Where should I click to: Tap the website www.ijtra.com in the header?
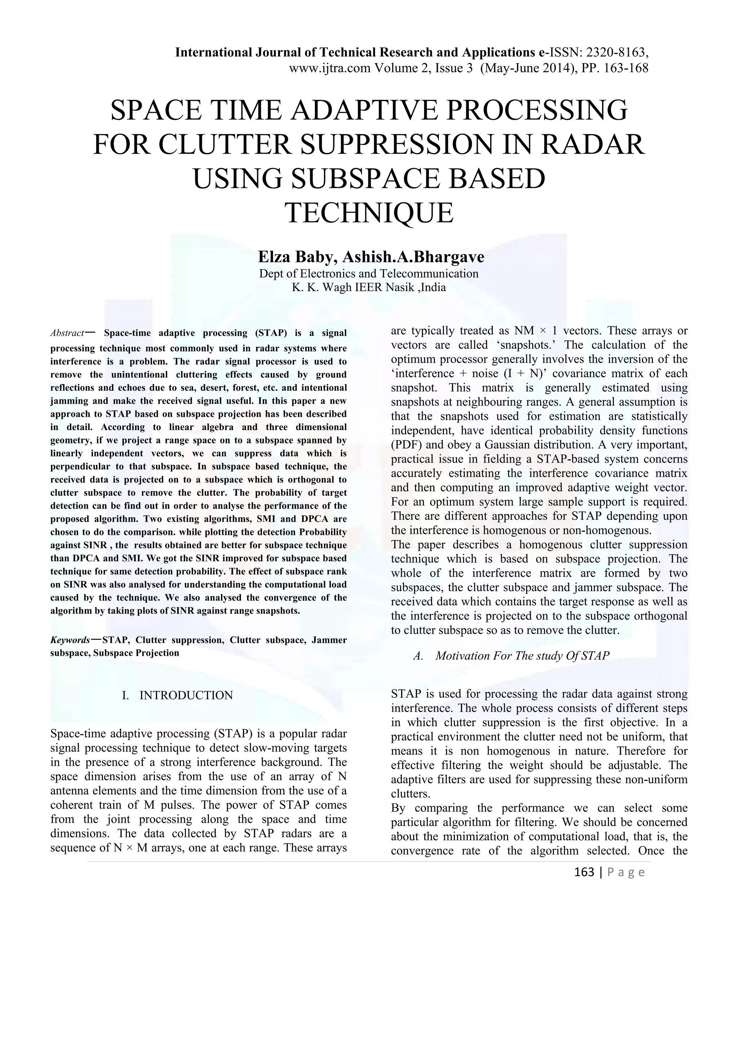tap(330, 68)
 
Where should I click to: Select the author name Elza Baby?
tap(297, 257)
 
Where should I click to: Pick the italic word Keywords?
tap(70, 640)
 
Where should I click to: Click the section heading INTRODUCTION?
tap(186, 695)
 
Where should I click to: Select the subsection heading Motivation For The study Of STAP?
tap(522, 656)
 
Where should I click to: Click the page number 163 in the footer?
tap(584, 872)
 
